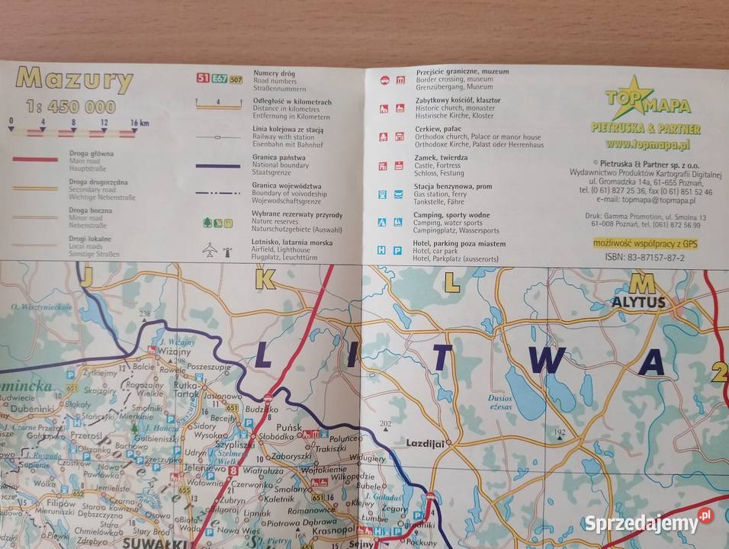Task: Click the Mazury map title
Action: (75, 79)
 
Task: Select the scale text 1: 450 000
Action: (70, 106)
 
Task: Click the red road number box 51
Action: (203, 79)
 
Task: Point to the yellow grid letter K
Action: (265, 281)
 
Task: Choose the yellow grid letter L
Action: (451, 283)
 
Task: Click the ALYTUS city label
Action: (638, 302)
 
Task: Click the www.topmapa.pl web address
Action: (647, 143)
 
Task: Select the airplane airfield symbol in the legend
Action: (210, 249)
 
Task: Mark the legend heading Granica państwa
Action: (219, 154)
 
